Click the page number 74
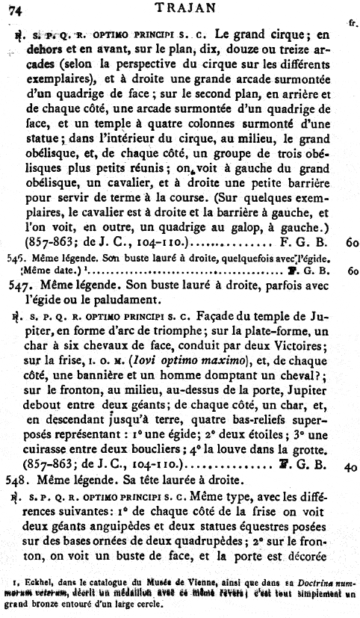[14, 9]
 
